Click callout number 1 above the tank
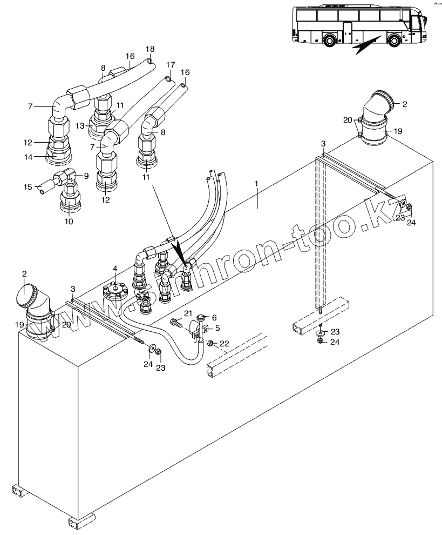tap(256, 184)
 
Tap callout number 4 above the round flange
tap(115, 269)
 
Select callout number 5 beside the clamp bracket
tap(217, 328)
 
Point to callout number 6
tap(214, 318)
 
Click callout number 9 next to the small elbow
tap(86, 176)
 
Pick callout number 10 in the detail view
tap(69, 222)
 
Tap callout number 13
tap(80, 126)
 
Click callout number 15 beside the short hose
tap(28, 187)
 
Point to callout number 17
tap(171, 65)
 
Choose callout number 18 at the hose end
tap(150, 49)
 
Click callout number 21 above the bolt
tap(188, 313)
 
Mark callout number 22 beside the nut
tap(224, 343)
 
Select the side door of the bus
tap(347, 33)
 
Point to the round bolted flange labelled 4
tap(115, 290)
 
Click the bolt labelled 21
tap(176, 322)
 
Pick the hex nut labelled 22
tap(212, 343)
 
